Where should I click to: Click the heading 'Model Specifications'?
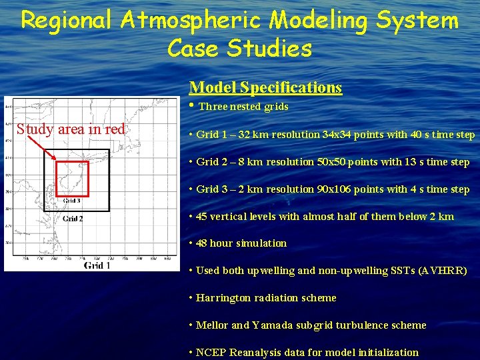tap(265, 87)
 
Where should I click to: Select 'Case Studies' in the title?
tap(239, 48)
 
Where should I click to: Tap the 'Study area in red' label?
tap(71, 129)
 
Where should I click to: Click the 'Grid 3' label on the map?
tap(72, 200)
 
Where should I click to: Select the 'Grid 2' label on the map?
tap(73, 218)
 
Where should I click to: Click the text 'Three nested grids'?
tap(243, 107)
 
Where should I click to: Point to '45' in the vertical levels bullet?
tap(202, 217)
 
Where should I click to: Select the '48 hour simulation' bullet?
tap(241, 243)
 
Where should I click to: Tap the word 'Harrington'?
tap(225, 298)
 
